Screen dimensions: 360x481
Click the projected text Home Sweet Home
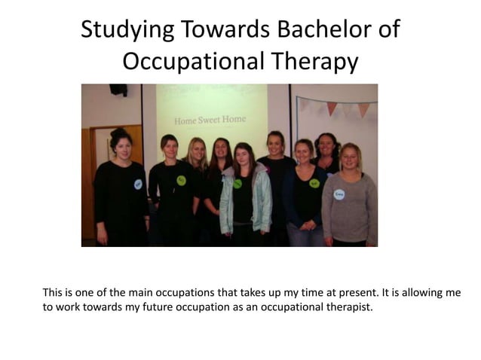coord(210,120)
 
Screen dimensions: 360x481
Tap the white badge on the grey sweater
coord(339,194)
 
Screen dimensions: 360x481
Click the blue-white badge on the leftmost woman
coord(138,183)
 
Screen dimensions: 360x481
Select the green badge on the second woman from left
coord(181,180)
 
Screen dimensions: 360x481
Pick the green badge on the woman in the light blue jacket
coord(237,183)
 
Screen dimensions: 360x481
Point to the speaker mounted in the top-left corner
coord(118,90)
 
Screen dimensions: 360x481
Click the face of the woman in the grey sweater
coord(349,159)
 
